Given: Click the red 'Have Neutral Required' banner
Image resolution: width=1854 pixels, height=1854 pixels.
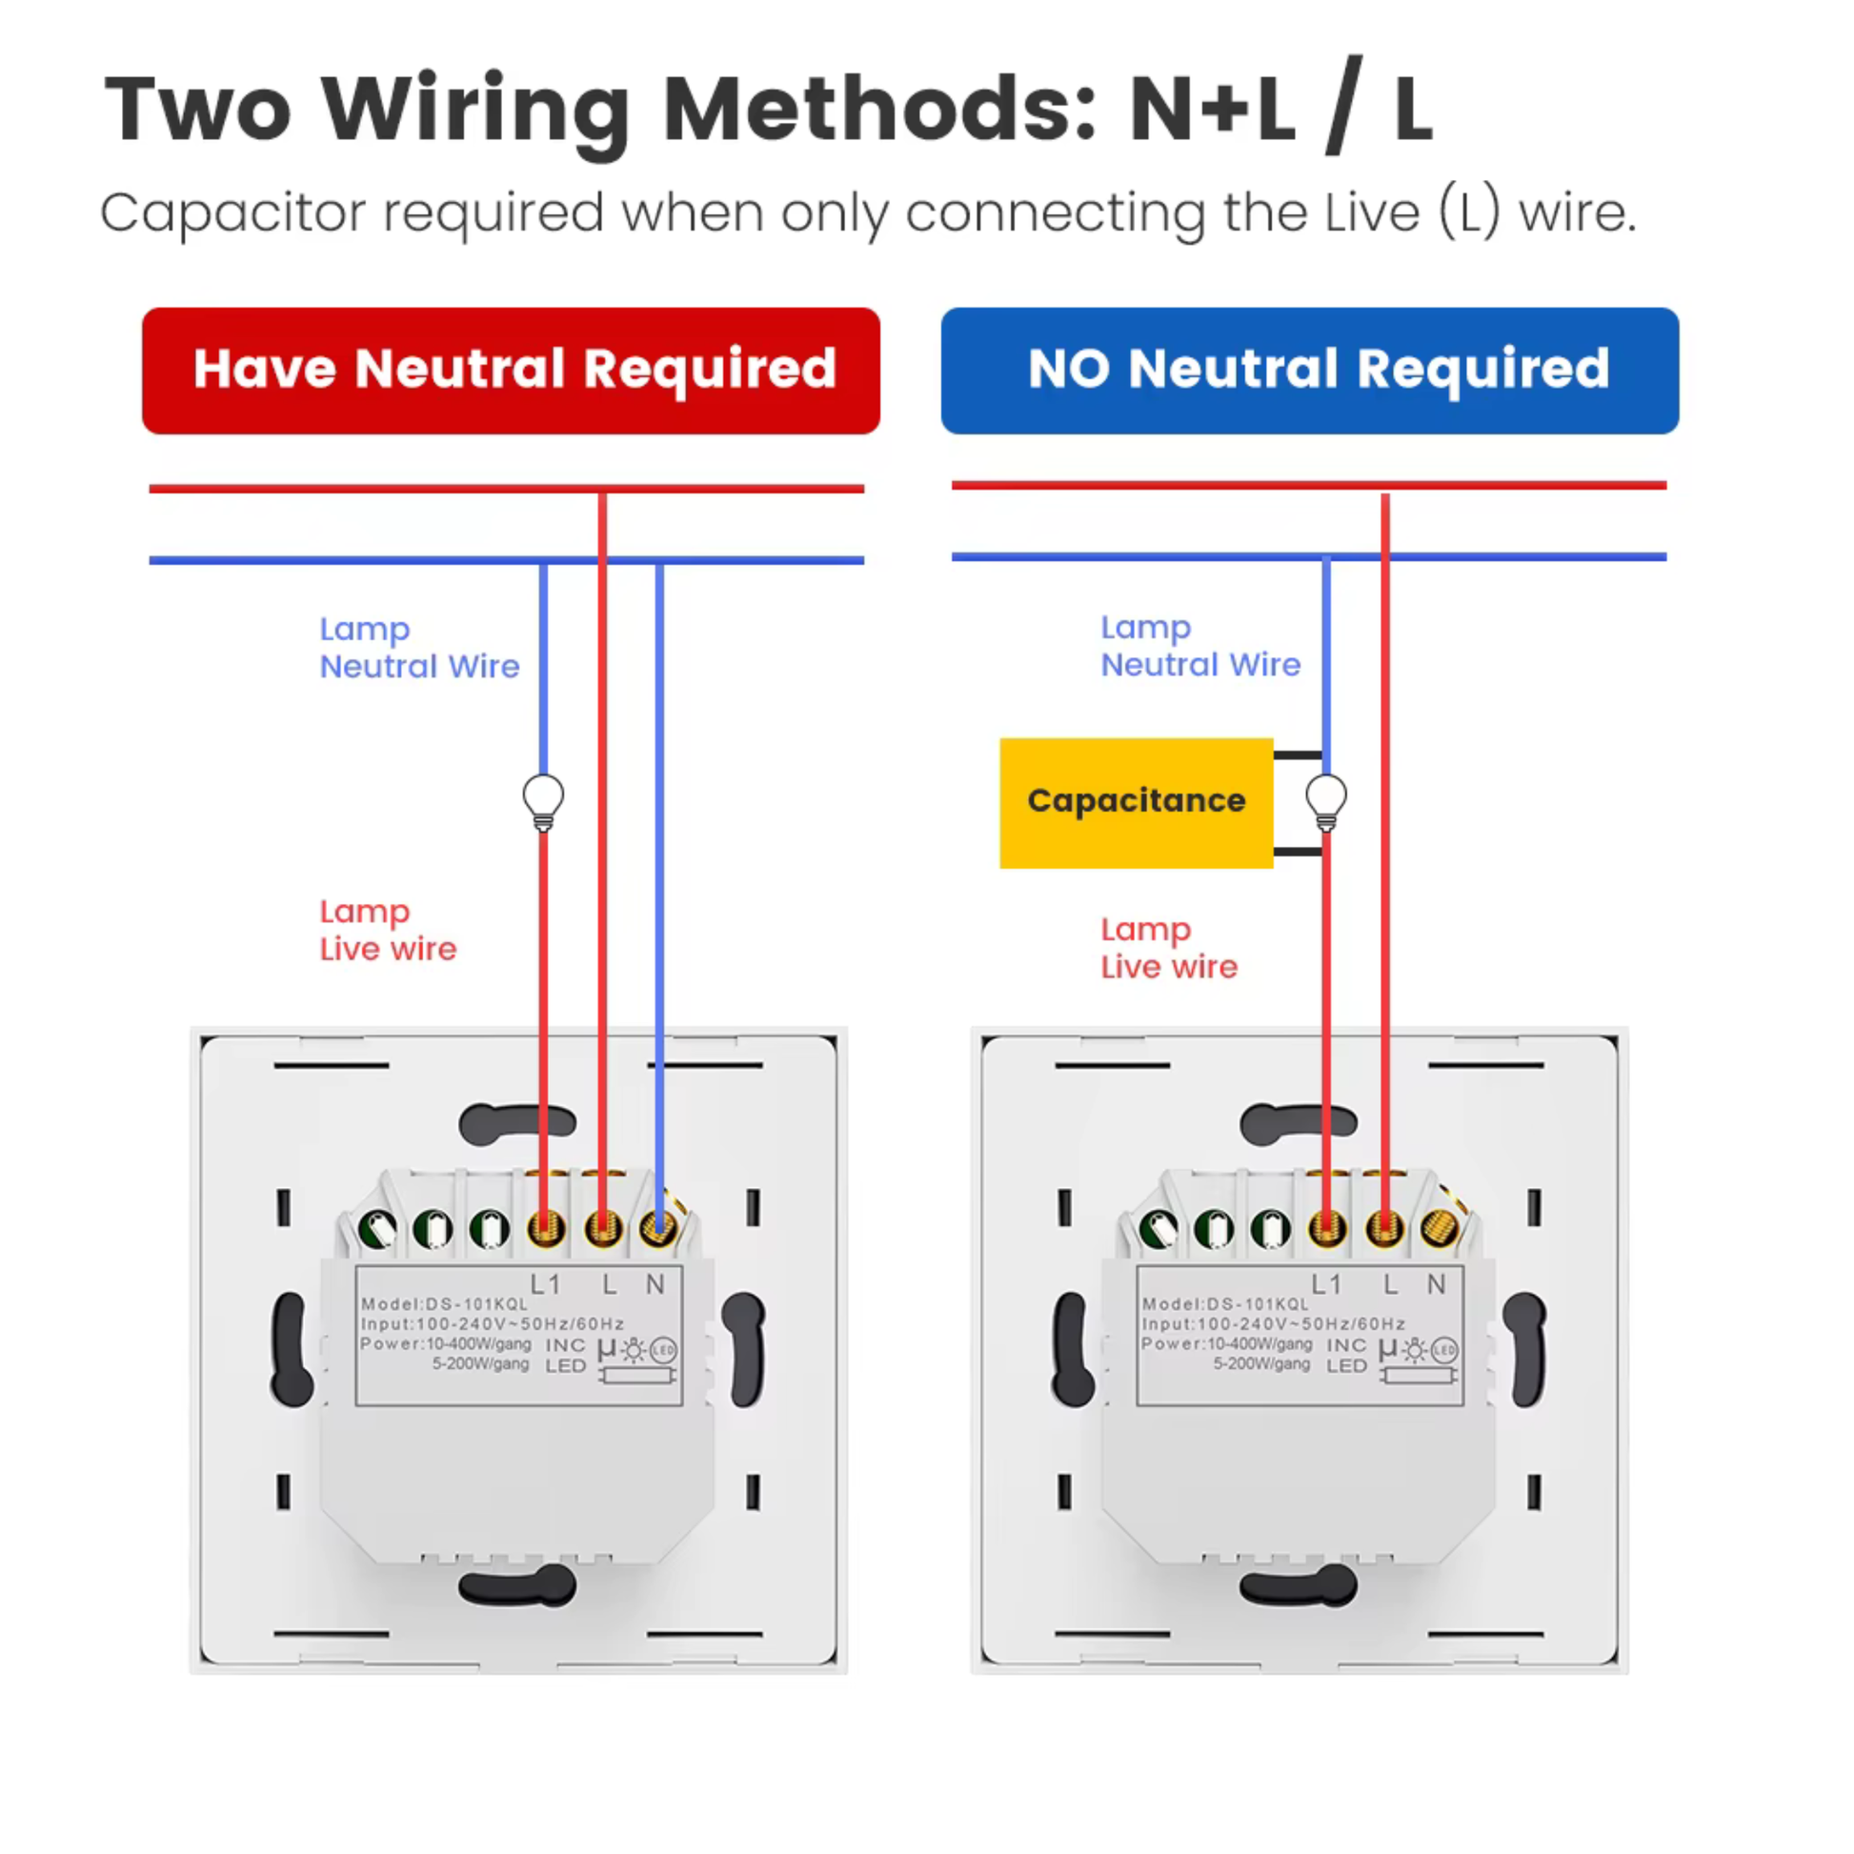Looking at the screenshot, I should coord(511,371).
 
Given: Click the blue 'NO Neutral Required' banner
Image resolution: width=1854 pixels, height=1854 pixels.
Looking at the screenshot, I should coord(1309,371).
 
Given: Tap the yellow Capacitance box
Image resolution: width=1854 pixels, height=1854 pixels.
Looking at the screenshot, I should coord(1136,802).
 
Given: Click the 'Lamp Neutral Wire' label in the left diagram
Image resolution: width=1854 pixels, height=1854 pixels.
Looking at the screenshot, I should coord(418,648).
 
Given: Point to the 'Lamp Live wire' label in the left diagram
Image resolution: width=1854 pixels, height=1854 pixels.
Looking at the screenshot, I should coord(388,930).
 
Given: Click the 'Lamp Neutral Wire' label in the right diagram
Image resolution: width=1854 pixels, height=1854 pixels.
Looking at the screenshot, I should coord(1199,646).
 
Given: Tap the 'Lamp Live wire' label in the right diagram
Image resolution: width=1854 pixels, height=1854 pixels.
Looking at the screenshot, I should coord(1168,948).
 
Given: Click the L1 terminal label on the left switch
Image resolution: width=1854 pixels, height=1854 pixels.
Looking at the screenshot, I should coord(545,1284).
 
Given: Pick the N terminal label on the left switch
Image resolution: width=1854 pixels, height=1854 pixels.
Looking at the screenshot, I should coord(655,1284).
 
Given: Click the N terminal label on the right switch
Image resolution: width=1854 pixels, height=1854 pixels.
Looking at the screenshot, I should coord(1437,1284).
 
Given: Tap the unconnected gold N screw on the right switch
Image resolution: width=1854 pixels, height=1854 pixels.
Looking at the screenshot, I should coord(1439,1226).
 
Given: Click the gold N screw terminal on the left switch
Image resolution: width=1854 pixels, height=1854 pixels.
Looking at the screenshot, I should coord(658,1226).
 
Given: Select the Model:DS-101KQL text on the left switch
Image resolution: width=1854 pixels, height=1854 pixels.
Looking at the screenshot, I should coord(444,1304).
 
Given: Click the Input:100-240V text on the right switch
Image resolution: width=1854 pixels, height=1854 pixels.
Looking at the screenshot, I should coord(1273,1324).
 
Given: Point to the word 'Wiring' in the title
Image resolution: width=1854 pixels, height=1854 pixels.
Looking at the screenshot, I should coord(476,111).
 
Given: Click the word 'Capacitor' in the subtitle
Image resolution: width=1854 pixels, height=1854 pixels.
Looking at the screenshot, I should coord(232,213).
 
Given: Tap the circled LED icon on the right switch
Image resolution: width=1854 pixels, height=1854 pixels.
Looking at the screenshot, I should coord(1444,1350).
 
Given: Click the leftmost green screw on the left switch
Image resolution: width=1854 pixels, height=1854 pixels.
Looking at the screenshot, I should coord(377,1228).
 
